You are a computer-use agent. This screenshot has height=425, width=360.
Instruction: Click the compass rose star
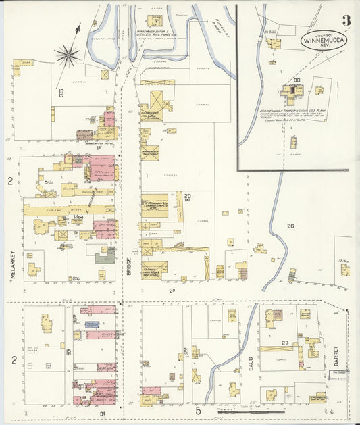(x=68, y=54)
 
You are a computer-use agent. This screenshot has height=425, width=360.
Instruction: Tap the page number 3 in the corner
(x=346, y=20)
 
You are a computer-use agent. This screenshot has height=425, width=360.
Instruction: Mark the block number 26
(x=290, y=226)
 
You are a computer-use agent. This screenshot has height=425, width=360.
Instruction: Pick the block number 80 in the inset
(x=295, y=80)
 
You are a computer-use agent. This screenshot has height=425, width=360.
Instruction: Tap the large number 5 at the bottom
(x=199, y=410)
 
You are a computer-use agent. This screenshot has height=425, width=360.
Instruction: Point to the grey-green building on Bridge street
(x=105, y=257)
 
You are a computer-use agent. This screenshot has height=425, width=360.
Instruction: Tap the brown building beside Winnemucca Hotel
(x=84, y=135)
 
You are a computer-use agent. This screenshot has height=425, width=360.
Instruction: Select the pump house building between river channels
(x=154, y=21)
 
